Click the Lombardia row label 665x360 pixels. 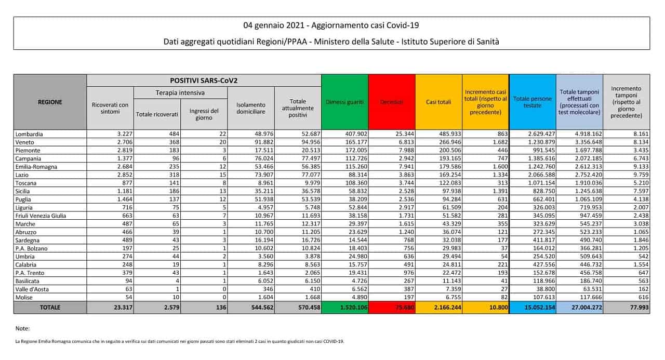tap(29, 134)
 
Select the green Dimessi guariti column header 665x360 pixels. tap(345, 102)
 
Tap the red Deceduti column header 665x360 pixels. tap(392, 102)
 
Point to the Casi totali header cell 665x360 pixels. tap(438, 102)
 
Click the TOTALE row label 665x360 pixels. tap(50, 308)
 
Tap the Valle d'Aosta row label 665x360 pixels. tap(33, 289)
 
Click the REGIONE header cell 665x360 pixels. tap(50, 102)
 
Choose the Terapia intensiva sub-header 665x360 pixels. tap(180, 92)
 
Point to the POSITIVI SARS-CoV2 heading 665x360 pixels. tap(204, 81)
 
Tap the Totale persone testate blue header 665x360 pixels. tap(533, 102)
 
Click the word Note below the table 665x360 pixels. tap(23, 328)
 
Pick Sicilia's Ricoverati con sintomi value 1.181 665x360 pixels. tap(117, 191)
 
